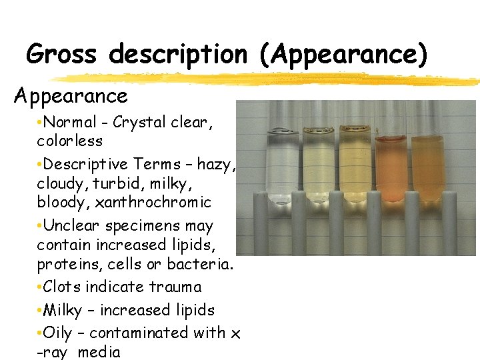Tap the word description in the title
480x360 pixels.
coord(178,54)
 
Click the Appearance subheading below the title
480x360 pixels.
coord(71,96)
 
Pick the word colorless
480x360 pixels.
coord(70,141)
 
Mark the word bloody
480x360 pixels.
coord(58,202)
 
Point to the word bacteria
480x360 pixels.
coord(200,264)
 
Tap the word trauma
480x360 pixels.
coord(177,287)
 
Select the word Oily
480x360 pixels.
coord(58,333)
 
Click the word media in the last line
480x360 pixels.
coord(100,352)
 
